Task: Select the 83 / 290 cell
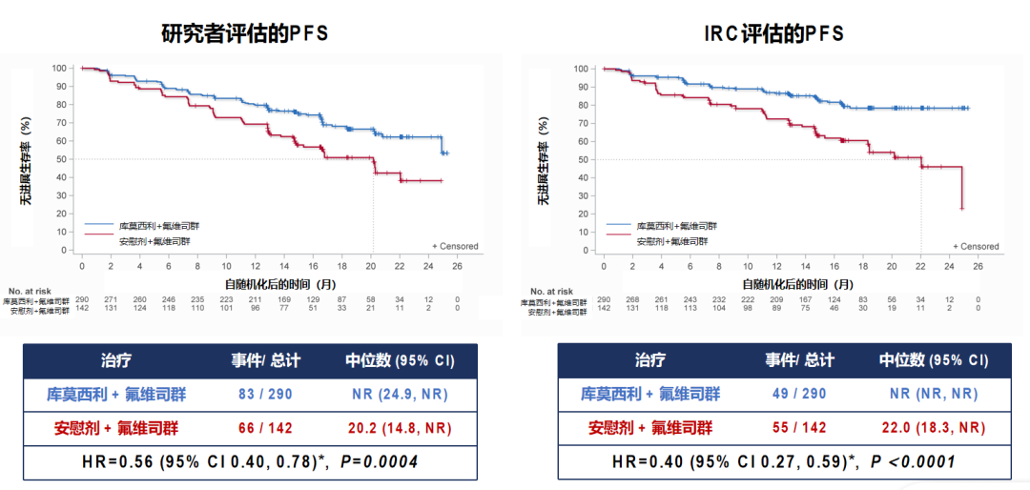(266, 394)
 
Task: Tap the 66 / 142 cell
(266, 428)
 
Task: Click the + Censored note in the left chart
(455, 246)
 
